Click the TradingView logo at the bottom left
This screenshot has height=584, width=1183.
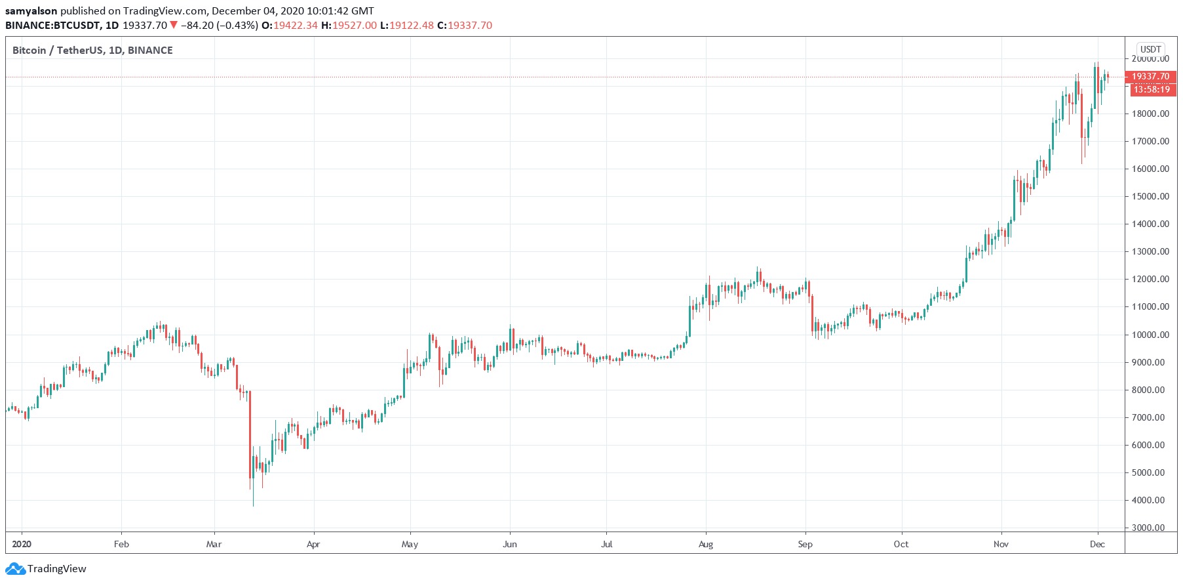coord(47,569)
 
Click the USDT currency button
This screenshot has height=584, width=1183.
coord(1150,49)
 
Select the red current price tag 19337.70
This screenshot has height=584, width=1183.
coord(1150,76)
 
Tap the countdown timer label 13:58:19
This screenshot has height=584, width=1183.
coord(1152,89)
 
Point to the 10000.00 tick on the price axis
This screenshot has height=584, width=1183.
coord(1150,335)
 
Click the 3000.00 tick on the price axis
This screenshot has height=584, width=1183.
coord(1150,528)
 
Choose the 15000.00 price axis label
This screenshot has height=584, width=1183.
coord(1150,196)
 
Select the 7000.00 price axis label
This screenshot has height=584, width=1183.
coord(1150,417)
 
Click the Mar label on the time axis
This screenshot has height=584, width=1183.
coord(214,544)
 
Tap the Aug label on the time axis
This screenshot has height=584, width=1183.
coord(706,544)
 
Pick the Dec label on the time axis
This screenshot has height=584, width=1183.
coord(1097,544)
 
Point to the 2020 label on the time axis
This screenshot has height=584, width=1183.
coord(22,544)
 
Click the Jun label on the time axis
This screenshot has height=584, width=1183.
coord(509,544)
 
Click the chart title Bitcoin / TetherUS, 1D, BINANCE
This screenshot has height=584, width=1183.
coord(92,51)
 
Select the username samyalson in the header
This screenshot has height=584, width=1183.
coord(31,11)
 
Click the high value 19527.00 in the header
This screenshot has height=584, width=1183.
coord(355,26)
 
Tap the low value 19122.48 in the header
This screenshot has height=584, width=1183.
coord(412,26)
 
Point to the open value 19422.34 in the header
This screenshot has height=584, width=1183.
coord(296,26)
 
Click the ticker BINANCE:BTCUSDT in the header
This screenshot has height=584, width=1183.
coord(52,26)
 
